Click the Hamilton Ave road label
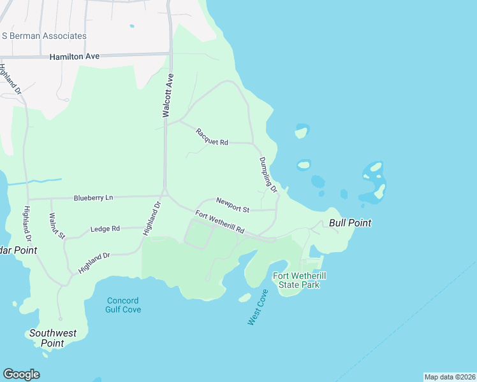[x=75, y=57]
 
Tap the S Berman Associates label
[x=44, y=36]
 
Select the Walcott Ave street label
[x=168, y=95]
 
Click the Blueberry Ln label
[x=92, y=198]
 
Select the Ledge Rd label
[x=105, y=229]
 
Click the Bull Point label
[x=350, y=223]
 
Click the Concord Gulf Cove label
[x=123, y=305]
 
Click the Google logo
[x=21, y=374]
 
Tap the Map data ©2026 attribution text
[x=450, y=377]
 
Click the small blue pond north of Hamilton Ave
[x=132, y=26]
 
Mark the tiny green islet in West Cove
[x=245, y=297]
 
